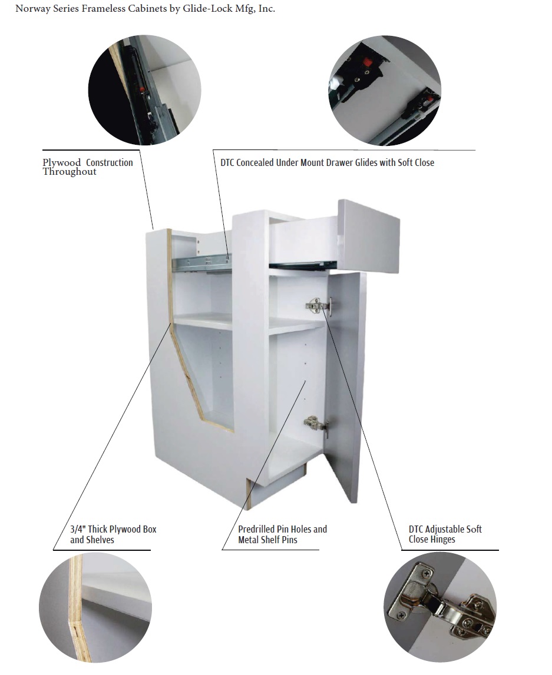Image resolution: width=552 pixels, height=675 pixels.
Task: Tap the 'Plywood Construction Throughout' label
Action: [x=88, y=167]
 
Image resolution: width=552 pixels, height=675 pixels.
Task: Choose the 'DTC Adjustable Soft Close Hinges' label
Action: [x=445, y=534]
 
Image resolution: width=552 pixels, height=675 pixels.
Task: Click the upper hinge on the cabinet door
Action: [x=319, y=305]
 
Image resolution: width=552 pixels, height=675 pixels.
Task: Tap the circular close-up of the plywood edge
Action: [x=95, y=608]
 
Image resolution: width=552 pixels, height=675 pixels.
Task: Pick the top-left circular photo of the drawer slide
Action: [x=145, y=90]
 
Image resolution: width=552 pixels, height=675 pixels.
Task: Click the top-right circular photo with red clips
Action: [x=385, y=91]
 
